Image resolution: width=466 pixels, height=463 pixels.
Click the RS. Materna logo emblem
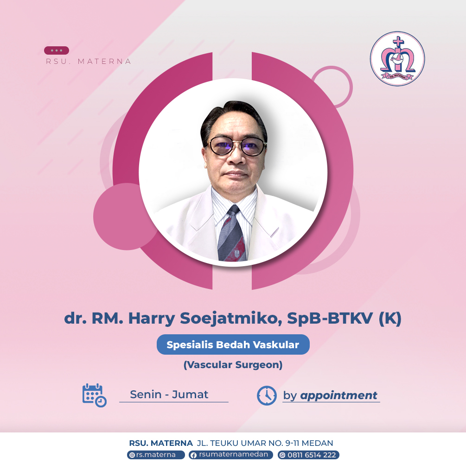tap(397, 59)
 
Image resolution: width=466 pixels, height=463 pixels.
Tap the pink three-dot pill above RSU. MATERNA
tap(57, 50)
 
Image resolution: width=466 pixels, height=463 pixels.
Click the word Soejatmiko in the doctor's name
tap(231, 319)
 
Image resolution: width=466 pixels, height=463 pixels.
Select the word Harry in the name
tap(152, 319)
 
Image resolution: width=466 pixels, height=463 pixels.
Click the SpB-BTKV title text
tap(330, 318)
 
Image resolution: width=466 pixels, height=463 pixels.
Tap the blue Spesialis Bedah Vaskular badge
tap(233, 344)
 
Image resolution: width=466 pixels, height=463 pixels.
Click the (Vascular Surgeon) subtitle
tap(233, 365)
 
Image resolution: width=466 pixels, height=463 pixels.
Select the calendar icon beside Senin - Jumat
tap(94, 395)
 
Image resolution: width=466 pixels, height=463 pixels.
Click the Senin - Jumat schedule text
tap(169, 394)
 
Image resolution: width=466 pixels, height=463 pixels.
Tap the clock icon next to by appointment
tap(267, 395)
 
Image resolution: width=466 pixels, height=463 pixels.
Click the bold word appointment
tap(338, 395)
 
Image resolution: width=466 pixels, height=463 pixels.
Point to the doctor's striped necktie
tap(232, 234)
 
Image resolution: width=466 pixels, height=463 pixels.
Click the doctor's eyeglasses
tap(237, 146)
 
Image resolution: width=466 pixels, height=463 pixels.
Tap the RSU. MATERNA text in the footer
tap(161, 443)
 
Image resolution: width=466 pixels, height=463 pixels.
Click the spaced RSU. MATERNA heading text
tap(88, 62)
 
